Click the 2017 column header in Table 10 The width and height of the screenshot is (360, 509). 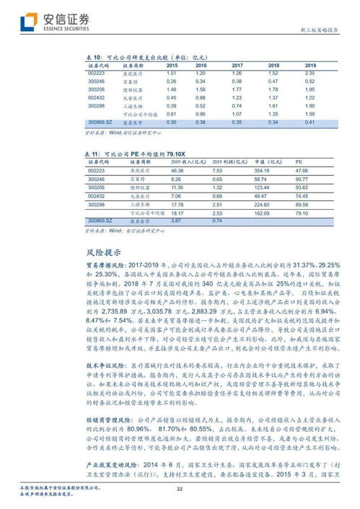[x=237, y=66]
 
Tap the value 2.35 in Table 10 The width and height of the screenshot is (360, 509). [x=309, y=73]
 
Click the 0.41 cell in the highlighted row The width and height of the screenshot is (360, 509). [x=309, y=123]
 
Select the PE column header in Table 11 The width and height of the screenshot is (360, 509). [x=299, y=162]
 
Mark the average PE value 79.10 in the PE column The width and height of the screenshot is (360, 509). [x=301, y=213]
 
